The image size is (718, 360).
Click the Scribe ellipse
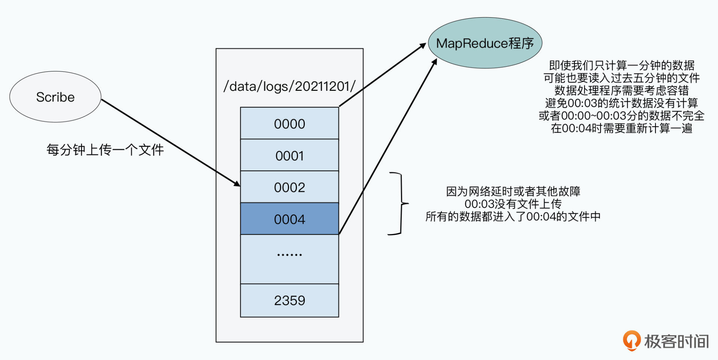point(55,97)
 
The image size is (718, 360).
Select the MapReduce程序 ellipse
point(485,43)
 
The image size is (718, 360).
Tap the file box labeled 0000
point(289,123)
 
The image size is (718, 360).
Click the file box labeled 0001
point(289,155)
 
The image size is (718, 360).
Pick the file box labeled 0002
point(289,187)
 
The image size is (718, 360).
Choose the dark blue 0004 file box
point(289,219)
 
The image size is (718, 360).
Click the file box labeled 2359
point(289,300)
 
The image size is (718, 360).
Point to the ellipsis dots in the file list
point(289,255)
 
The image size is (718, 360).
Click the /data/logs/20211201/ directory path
point(289,86)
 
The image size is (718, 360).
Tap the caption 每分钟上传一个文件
point(105,150)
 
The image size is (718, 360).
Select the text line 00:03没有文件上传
point(513,204)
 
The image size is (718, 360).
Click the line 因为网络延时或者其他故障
point(513,191)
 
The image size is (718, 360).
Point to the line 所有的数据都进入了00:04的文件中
point(513,216)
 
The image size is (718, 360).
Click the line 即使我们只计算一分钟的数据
point(622,65)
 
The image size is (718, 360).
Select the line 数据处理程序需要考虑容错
point(622,90)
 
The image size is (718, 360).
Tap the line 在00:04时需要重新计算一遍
point(622,128)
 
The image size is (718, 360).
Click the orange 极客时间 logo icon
point(631,341)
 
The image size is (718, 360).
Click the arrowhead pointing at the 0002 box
point(237,184)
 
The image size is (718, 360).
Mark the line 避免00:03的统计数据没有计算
point(622,103)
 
